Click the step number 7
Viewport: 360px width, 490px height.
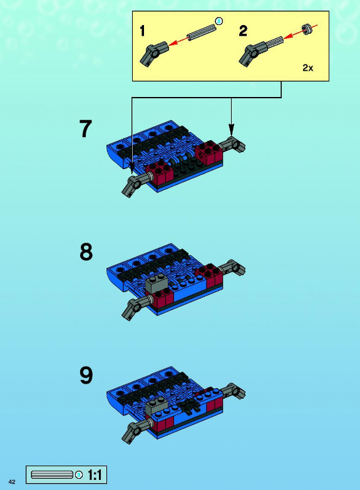(86, 129)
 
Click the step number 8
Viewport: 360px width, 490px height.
(86, 252)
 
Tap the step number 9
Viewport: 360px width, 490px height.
(86, 375)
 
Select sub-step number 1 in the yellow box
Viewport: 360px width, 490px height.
(142, 31)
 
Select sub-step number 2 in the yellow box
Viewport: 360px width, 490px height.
(243, 31)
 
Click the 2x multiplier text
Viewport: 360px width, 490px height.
(308, 68)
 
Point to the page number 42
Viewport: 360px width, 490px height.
(12, 482)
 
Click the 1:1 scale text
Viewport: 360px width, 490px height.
(95, 475)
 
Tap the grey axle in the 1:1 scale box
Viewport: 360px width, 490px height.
(53, 475)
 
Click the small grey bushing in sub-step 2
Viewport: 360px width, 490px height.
(307, 29)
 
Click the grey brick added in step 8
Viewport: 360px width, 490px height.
(157, 283)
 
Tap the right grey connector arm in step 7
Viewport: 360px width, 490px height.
(232, 145)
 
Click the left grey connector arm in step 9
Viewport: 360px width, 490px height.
(136, 431)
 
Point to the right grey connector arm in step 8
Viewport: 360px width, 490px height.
(232, 267)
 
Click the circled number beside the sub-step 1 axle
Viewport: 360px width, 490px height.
(219, 21)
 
